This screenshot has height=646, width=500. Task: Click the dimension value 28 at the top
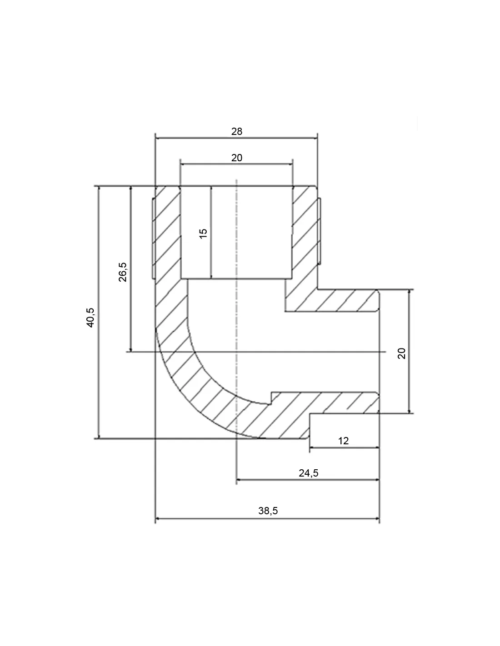click(237, 131)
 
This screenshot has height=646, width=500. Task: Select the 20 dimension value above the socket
click(237, 158)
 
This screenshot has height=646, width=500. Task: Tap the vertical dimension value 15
click(203, 234)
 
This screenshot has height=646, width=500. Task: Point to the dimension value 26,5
click(123, 272)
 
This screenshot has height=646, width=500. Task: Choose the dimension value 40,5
click(90, 318)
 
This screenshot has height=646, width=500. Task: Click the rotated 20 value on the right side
click(401, 353)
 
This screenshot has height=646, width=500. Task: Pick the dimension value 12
click(343, 441)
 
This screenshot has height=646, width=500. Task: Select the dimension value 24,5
click(309, 472)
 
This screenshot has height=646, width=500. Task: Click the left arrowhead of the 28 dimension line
click(158, 138)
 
